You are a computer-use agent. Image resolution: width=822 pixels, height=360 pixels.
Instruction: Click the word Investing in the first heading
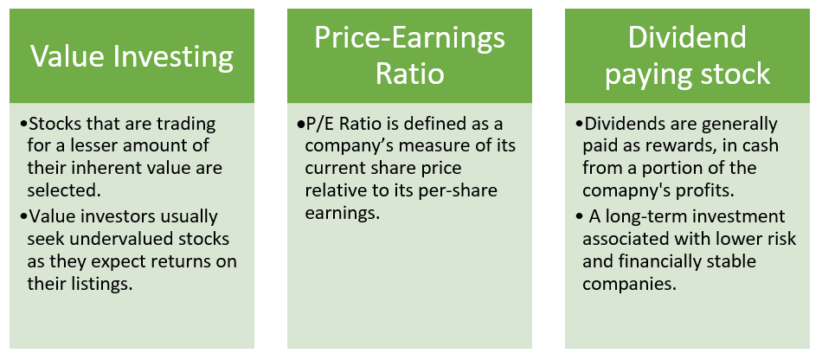[x=174, y=57]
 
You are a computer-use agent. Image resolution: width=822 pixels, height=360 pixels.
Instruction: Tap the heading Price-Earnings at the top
[x=409, y=39]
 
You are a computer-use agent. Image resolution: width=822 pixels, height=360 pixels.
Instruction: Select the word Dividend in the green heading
[x=687, y=38]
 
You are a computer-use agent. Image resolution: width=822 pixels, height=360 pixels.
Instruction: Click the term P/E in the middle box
[x=320, y=125]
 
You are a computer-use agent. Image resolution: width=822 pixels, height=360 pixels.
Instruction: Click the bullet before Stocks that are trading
[x=24, y=125]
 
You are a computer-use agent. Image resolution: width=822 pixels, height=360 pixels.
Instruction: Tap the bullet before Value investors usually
[x=24, y=217]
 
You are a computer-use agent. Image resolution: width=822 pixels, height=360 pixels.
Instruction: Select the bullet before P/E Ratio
[x=301, y=125]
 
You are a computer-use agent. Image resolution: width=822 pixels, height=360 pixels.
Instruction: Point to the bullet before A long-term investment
[x=579, y=217]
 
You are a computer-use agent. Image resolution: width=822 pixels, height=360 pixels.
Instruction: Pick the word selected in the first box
[x=64, y=191]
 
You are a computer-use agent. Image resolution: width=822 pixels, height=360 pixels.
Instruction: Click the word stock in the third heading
[x=740, y=74]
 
